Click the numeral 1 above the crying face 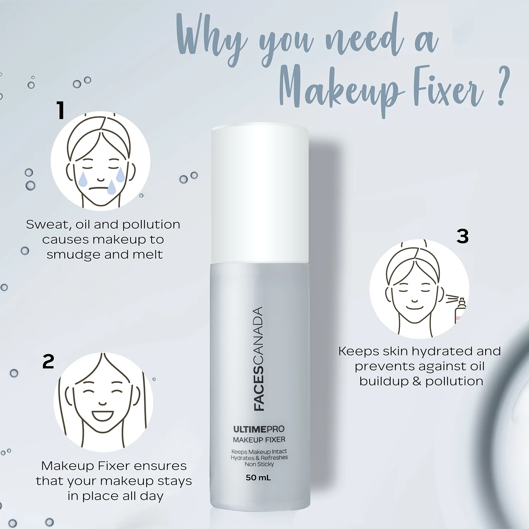pyautogui.click(x=61, y=110)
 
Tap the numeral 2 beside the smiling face pyautogui.click(x=48, y=361)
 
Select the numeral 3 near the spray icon pyautogui.click(x=463, y=236)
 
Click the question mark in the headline pyautogui.click(x=503, y=86)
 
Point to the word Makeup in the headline pyautogui.click(x=340, y=88)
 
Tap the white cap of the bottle pyautogui.click(x=260, y=194)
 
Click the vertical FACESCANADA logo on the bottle pyautogui.click(x=259, y=359)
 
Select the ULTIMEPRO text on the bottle pyautogui.click(x=259, y=429)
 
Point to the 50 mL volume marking pyautogui.click(x=258, y=478)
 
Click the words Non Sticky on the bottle pyautogui.click(x=259, y=464)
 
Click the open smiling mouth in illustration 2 pyautogui.click(x=103, y=415)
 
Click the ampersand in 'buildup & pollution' pyautogui.click(x=417, y=381)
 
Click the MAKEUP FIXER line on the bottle pyautogui.click(x=259, y=440)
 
